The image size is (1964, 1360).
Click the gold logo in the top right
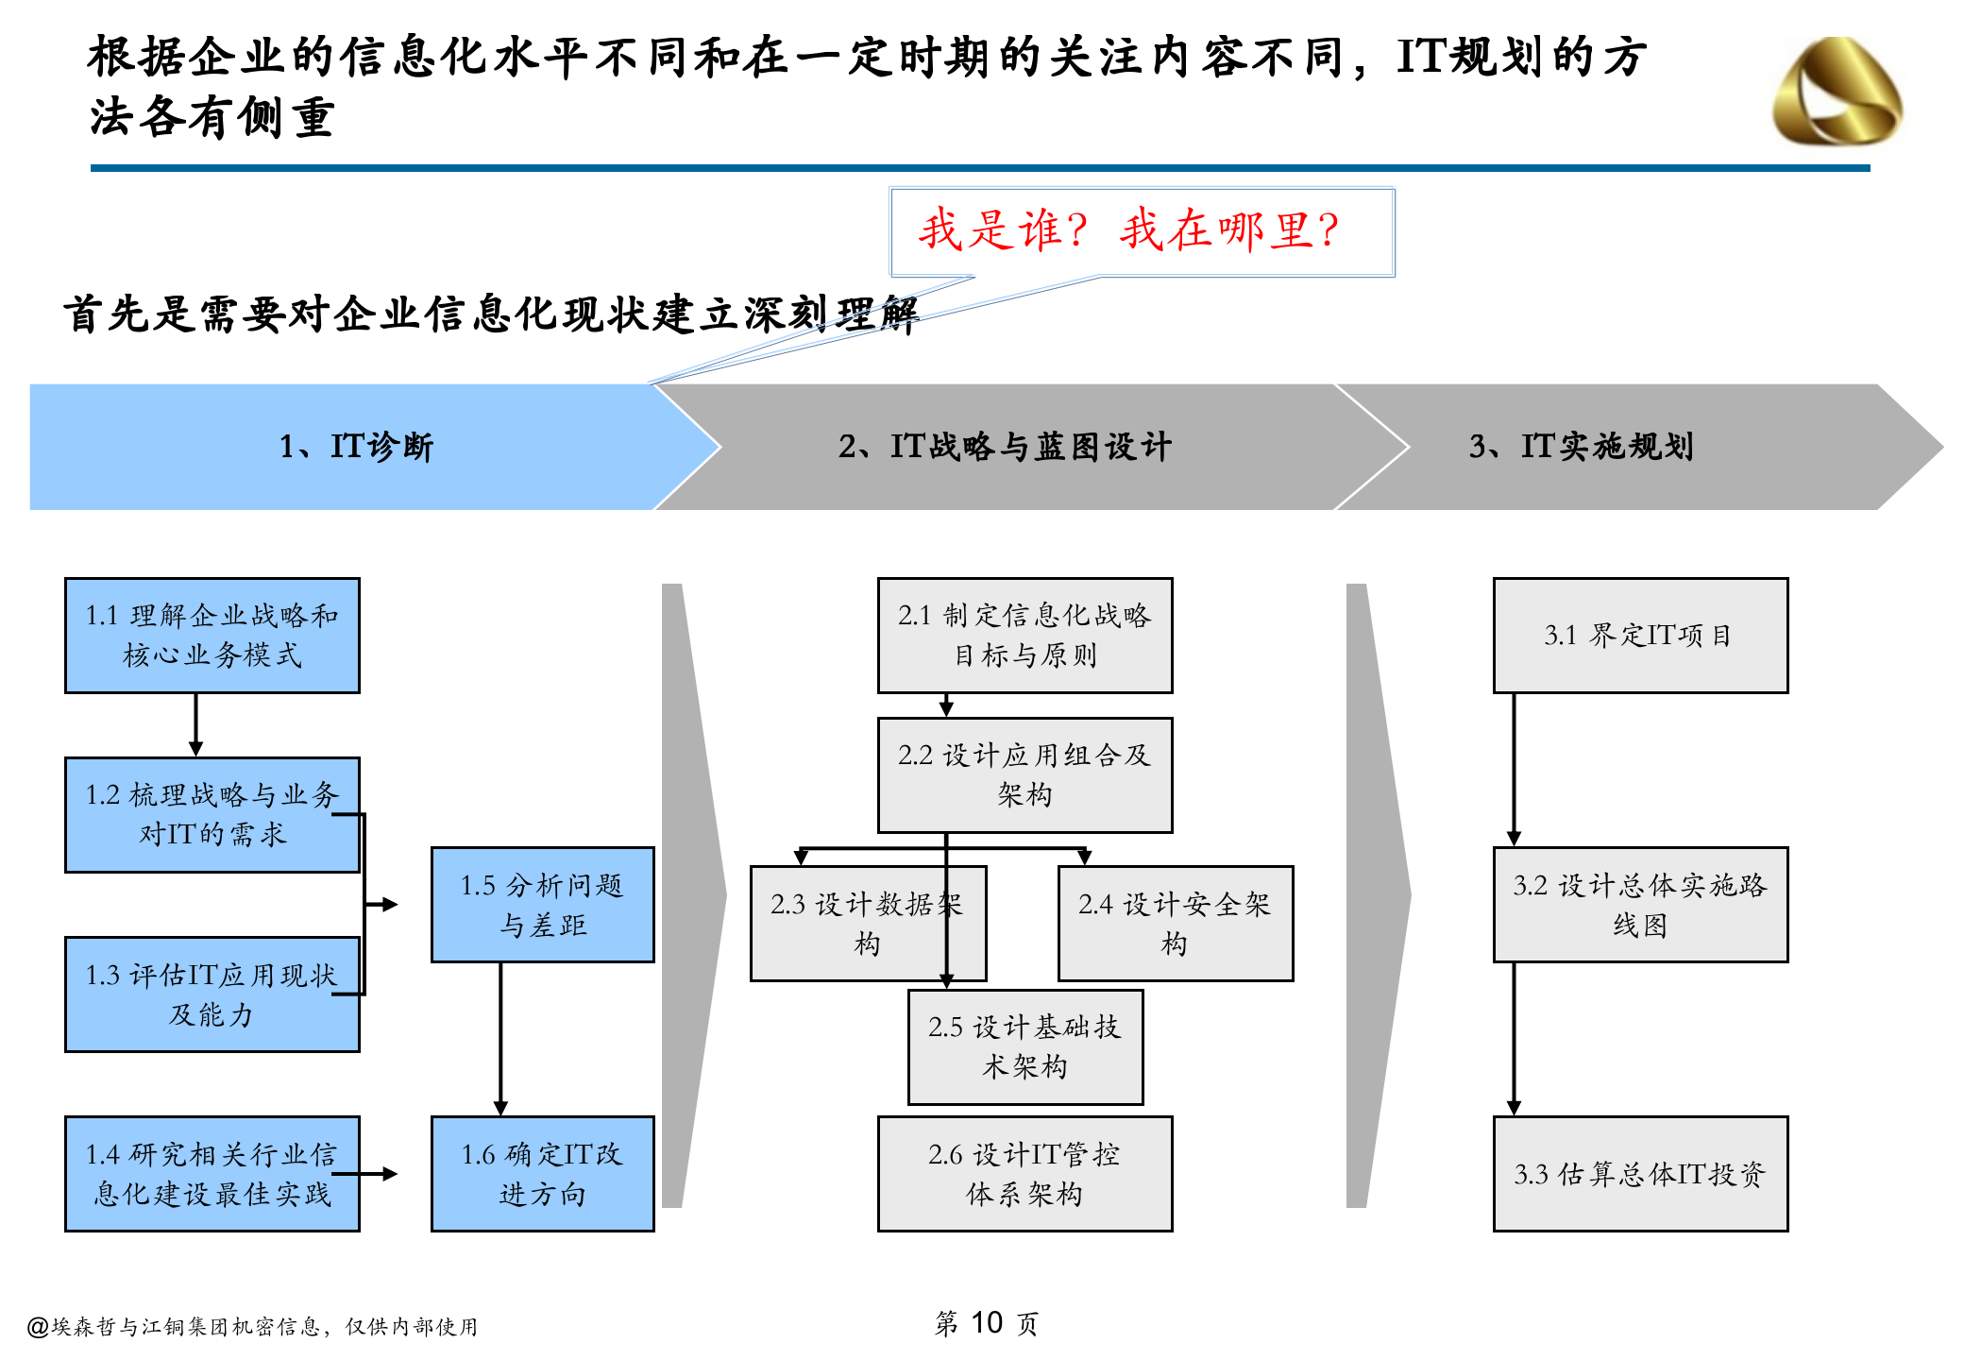1837,92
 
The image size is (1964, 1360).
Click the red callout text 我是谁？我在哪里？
1130,230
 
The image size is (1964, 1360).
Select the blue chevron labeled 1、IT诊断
357,447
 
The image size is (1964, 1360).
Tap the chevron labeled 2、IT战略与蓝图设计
1005,447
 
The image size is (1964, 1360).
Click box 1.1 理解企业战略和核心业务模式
212,636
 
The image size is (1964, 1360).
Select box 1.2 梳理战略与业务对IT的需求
212,814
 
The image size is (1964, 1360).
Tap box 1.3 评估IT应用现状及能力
212,994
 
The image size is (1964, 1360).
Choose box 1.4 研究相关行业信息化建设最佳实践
212,1174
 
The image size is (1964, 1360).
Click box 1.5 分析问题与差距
542,905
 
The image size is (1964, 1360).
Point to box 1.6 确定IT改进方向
542,1174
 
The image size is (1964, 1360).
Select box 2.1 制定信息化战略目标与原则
1024,636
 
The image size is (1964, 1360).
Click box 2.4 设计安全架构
1175,924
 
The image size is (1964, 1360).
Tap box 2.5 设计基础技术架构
1024,1046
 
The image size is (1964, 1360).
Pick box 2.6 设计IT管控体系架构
1024,1174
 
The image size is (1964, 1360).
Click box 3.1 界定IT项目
1640,636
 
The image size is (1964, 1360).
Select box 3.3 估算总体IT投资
1640,1174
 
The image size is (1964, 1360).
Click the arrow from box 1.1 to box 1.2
195,724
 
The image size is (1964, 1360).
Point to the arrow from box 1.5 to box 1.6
500,1039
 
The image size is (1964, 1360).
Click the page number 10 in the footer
986,1323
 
